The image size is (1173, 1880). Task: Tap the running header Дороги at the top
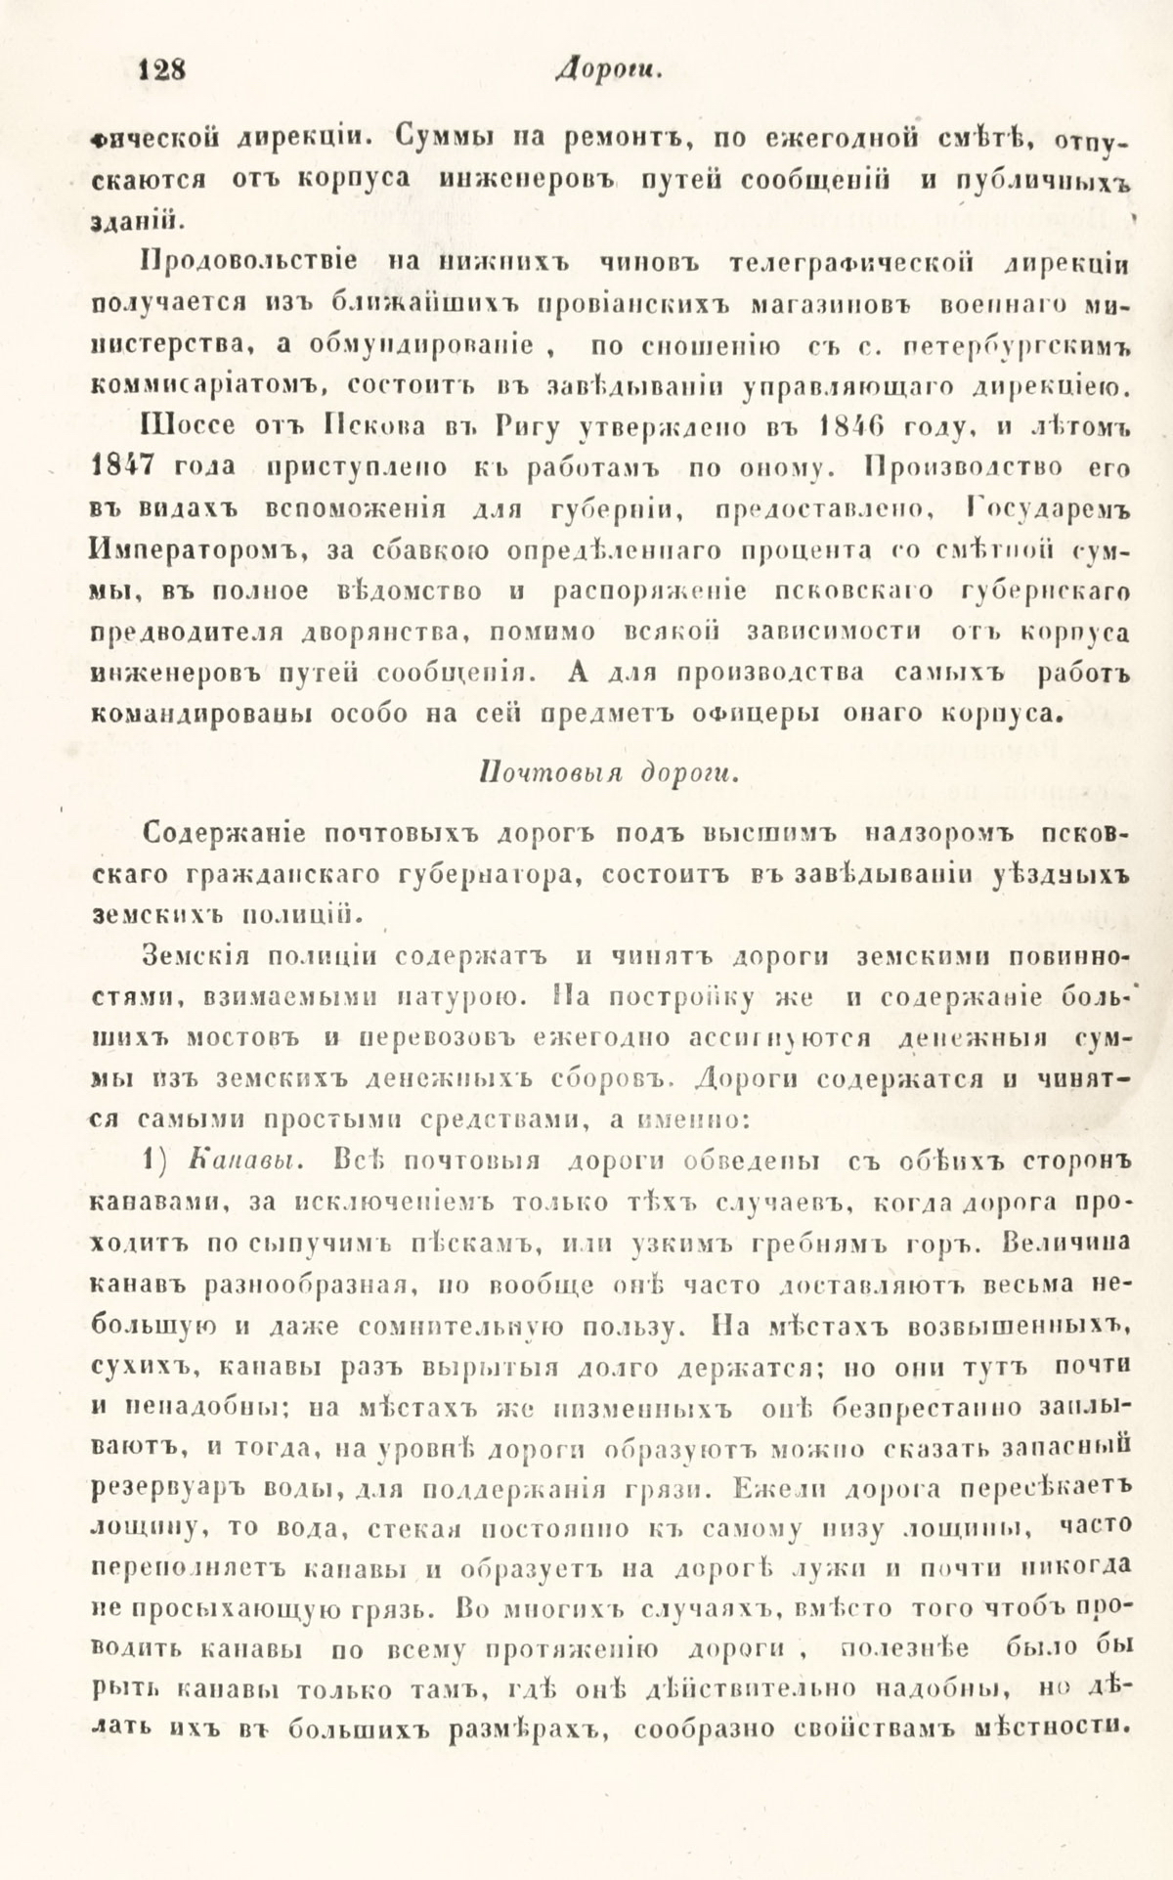click(595, 70)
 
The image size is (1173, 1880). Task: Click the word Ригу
click(529, 427)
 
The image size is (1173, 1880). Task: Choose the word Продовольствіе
click(248, 263)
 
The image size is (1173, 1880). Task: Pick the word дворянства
click(370, 633)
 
